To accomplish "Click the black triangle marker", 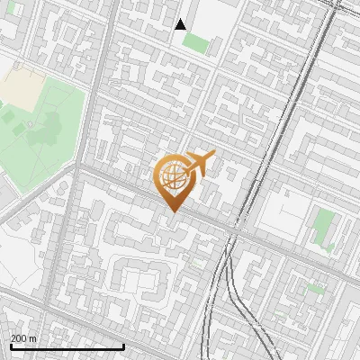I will point(181,24).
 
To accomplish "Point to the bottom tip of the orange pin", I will point(171,212).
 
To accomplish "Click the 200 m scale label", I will point(23,337).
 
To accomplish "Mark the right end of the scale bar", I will point(123,346).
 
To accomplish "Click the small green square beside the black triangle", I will point(195,44).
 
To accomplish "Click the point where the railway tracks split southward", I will point(229,261).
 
